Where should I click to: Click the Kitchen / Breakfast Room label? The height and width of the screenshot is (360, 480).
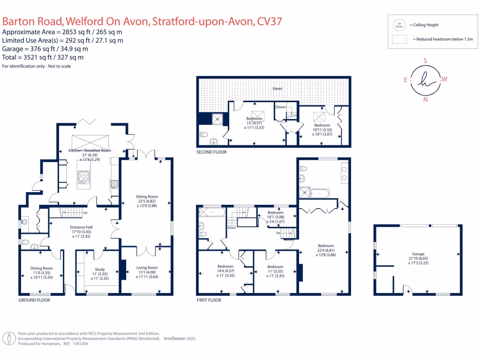(83, 150)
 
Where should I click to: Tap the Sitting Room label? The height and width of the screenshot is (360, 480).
(147, 196)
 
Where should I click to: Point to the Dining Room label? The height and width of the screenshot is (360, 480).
(41, 268)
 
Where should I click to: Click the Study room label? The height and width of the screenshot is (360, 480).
(99, 269)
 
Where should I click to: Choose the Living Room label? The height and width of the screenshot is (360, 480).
(147, 267)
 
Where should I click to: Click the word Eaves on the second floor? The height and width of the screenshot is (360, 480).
(278, 88)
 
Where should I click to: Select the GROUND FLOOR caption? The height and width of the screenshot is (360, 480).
(34, 300)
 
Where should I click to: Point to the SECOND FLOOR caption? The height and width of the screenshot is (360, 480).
(212, 152)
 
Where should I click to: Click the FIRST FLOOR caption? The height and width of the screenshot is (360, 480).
(209, 300)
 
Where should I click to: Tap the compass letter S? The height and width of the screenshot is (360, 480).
(425, 61)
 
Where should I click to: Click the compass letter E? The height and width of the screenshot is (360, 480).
(406, 80)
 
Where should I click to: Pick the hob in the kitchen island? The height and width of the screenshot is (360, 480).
(84, 177)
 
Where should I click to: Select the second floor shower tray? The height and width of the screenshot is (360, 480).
(217, 120)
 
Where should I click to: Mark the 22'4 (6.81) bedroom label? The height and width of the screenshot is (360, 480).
(326, 246)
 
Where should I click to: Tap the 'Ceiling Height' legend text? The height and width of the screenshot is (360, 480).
(424, 25)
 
